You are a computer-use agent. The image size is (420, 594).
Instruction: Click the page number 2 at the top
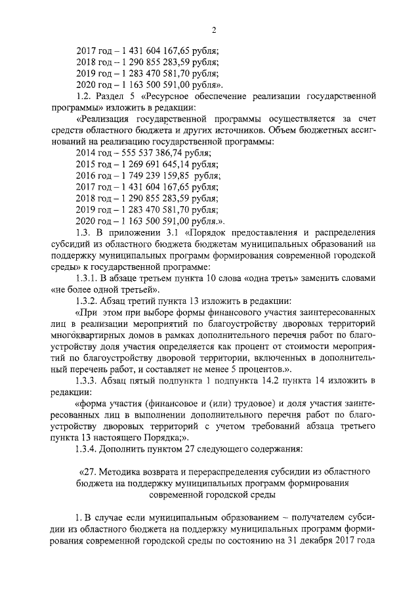(214, 29)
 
